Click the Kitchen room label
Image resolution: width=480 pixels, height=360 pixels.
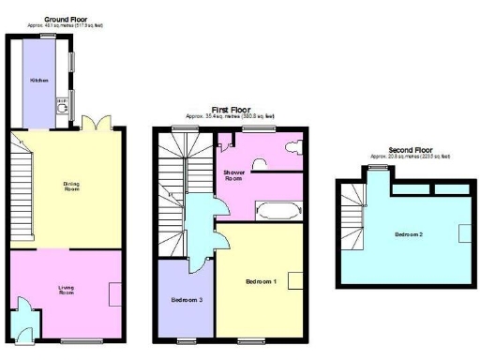38,81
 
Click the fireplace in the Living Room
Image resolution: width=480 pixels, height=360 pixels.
114,294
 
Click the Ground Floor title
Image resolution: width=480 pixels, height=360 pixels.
46,18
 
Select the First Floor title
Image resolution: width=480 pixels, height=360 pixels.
228,111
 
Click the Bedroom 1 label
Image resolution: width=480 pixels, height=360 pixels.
260,281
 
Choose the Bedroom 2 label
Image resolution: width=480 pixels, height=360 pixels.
410,233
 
